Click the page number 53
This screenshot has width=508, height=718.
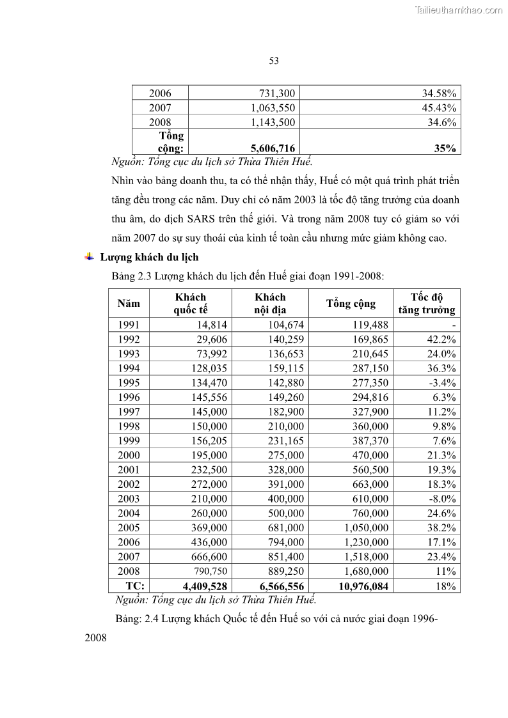274,61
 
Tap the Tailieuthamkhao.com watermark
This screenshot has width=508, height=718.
459,10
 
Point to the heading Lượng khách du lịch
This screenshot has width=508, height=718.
149,258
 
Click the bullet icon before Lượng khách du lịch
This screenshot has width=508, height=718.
89,257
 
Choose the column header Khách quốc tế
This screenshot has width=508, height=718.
191,304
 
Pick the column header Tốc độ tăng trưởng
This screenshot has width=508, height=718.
427,304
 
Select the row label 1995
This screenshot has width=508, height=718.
129,383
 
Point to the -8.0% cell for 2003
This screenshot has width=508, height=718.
441,499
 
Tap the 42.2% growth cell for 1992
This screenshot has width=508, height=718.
441,339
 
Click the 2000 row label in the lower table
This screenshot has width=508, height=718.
129,455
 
